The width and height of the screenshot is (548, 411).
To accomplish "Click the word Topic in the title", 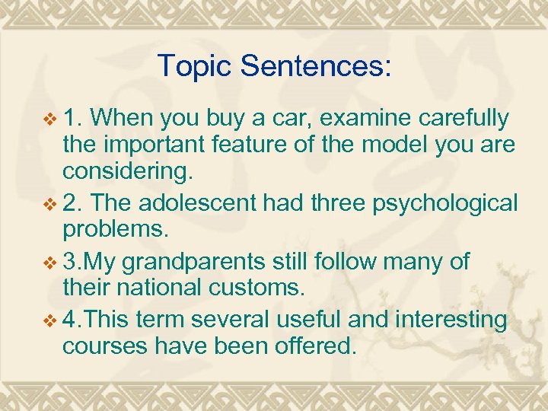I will [x=194, y=66].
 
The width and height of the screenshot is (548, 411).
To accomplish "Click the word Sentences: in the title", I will [x=317, y=66].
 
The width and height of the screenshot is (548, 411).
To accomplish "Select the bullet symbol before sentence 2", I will [x=51, y=204].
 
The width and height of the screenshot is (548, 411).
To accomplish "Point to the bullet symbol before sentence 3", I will [x=51, y=263].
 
